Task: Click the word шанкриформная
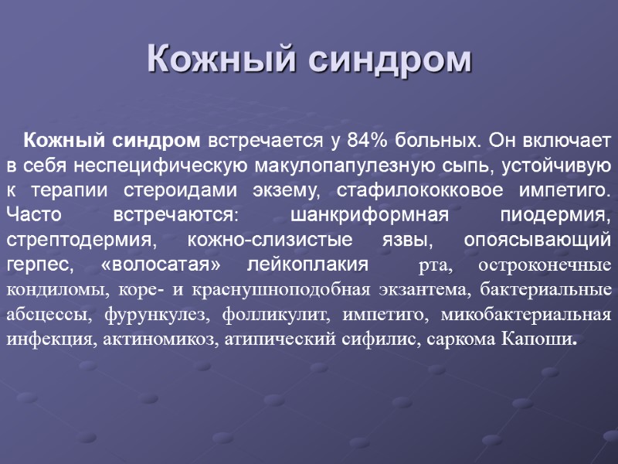[x=368, y=215]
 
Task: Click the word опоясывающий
[x=538, y=240]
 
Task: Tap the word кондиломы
[x=55, y=290]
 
